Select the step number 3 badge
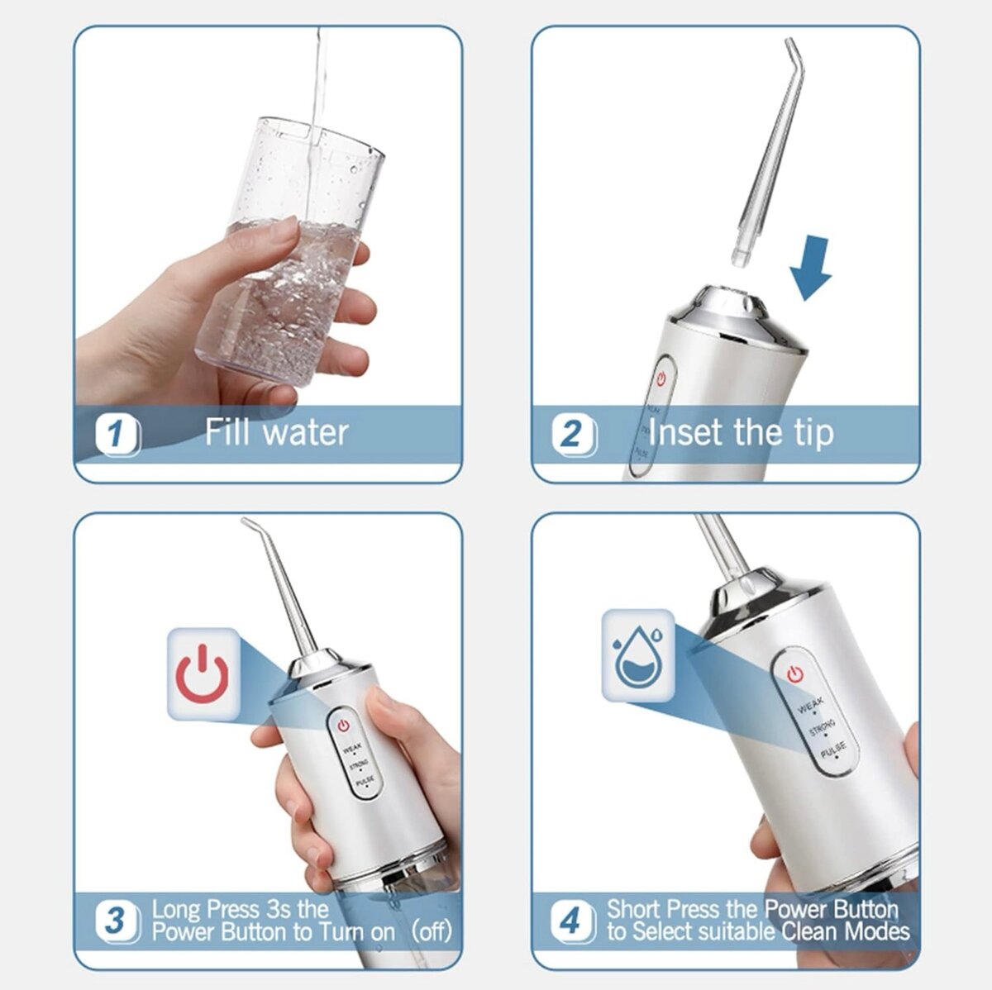117,920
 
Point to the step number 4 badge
572,920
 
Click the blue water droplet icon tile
637,655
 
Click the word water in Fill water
305,432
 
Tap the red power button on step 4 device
795,674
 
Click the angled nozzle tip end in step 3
247,523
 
